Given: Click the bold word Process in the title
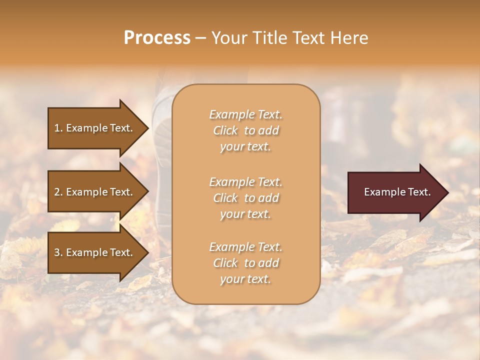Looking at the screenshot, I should tap(157, 38).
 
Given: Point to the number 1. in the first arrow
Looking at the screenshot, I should tap(58, 128).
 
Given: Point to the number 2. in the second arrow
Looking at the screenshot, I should tap(58, 192).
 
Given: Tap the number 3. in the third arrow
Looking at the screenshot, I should tap(58, 252).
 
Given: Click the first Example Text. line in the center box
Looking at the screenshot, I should tap(245, 114).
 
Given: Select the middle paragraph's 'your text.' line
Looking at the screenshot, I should tap(245, 214).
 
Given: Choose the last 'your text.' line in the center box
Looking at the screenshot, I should tap(245, 279).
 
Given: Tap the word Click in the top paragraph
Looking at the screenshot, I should tap(225, 131).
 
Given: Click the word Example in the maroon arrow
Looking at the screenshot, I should tap(382, 192).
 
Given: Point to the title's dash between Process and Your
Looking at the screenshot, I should tap(200, 38).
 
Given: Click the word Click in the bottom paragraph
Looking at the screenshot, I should tap(225, 263).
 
